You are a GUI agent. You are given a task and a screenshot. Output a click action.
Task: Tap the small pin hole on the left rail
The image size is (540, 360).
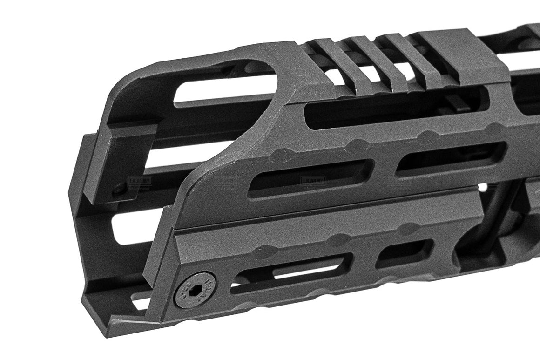[x=120, y=189]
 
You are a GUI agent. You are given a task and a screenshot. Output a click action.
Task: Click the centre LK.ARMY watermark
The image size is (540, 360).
[x=312, y=179]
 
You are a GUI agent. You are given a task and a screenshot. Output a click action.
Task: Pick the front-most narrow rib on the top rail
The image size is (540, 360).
[x=331, y=61]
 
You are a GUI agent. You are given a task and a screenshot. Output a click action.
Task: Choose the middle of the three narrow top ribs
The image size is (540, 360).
[x=368, y=61]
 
